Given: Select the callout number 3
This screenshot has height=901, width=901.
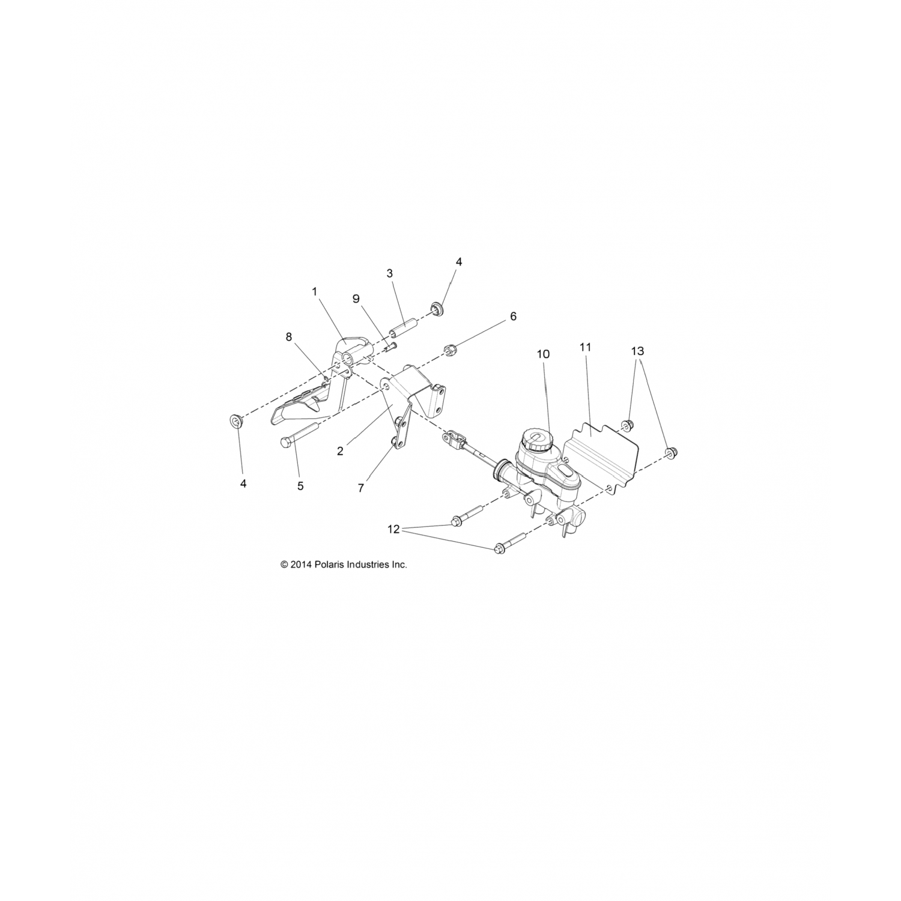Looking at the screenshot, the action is pyautogui.click(x=389, y=273).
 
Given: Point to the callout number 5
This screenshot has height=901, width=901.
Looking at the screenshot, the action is pyautogui.click(x=300, y=486).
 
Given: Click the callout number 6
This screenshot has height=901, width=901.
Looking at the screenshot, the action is pyautogui.click(x=513, y=317).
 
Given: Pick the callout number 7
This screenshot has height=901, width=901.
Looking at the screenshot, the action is pyautogui.click(x=361, y=488).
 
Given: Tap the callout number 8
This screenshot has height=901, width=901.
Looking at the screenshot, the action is pyautogui.click(x=289, y=337).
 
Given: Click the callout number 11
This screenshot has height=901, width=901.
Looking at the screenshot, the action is pyautogui.click(x=586, y=347).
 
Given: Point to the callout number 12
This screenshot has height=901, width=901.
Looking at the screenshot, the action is pyautogui.click(x=393, y=529).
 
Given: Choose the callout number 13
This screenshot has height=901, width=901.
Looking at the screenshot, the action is pyautogui.click(x=638, y=350).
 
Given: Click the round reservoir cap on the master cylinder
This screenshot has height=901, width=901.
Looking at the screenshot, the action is pyautogui.click(x=533, y=440).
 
